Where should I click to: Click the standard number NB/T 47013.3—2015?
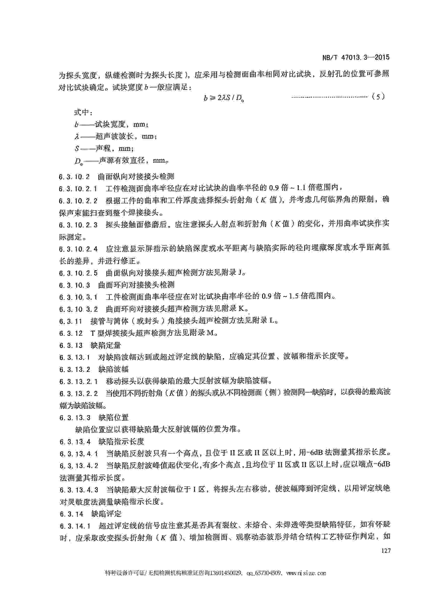point(356,57)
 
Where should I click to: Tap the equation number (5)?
point(378,97)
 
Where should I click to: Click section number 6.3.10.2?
point(74,177)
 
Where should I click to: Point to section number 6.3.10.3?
point(75,285)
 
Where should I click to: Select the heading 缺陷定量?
point(106,345)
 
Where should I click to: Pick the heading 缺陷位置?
point(113,418)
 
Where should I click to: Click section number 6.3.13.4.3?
point(79,489)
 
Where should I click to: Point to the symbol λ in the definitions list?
point(76,137)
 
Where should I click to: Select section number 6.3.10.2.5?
point(78,273)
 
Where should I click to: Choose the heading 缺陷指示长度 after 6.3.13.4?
point(121,442)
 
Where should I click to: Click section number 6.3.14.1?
point(75,526)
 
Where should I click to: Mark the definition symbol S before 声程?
point(77,149)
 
